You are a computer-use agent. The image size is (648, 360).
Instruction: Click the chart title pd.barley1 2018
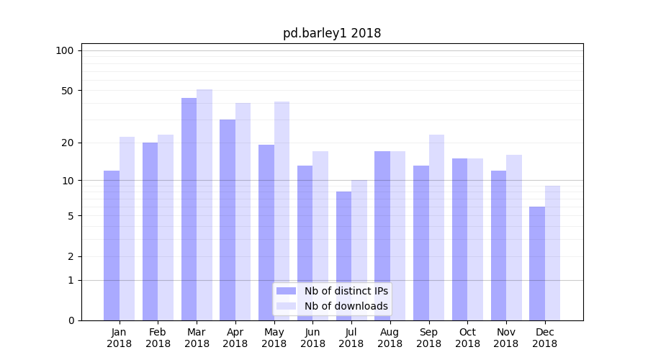[332, 33]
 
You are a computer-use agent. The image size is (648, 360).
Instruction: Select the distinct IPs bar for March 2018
[189, 209]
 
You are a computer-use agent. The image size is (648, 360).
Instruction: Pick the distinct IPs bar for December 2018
[537, 264]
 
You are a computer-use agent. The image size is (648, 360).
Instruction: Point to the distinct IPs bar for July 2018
[343, 256]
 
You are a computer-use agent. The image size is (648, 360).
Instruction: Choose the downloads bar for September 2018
[436, 228]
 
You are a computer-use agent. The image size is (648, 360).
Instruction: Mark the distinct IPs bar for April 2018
[228, 220]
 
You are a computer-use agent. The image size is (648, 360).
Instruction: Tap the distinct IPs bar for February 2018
[150, 231]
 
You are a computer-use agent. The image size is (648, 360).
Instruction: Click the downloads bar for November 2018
[514, 238]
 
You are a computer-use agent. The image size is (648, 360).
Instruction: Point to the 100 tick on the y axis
[65, 50]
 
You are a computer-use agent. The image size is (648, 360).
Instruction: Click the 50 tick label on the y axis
[67, 91]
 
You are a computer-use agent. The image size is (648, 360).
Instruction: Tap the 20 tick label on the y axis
[67, 143]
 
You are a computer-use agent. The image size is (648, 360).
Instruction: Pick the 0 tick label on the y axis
[71, 320]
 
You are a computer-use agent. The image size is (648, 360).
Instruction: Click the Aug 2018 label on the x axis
[390, 338]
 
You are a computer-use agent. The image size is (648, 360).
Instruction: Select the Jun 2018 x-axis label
[312, 338]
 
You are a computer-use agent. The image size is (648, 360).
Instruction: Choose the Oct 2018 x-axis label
[467, 338]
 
